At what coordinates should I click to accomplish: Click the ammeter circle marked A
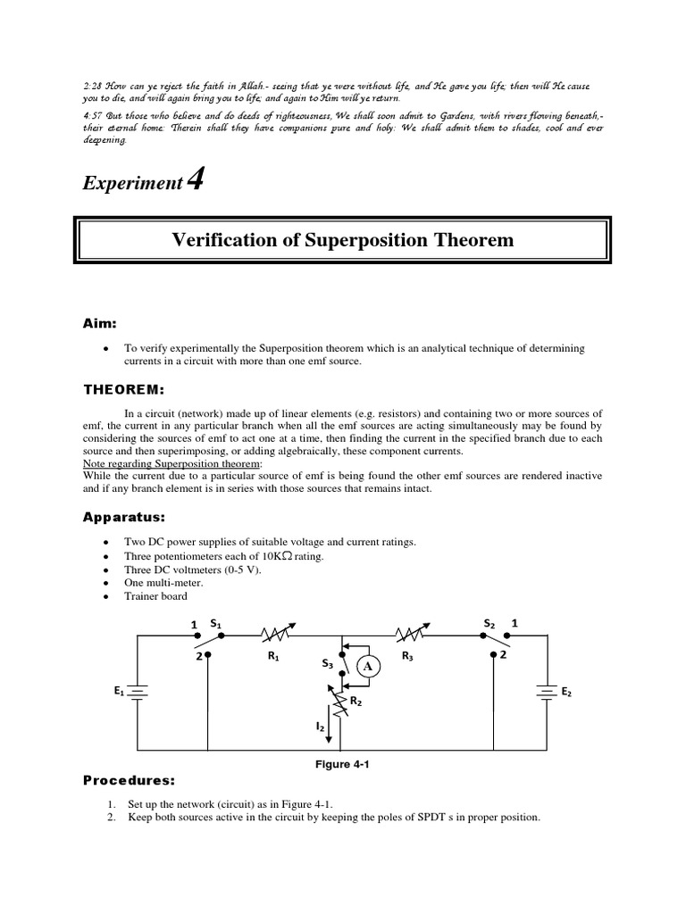coord(369,666)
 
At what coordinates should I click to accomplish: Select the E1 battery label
coord(119,690)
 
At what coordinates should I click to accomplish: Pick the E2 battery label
coord(566,692)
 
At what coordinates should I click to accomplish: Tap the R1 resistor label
coord(273,657)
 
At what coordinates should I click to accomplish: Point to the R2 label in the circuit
coord(355,702)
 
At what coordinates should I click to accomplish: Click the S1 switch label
coord(215,621)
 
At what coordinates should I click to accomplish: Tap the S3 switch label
coord(327,663)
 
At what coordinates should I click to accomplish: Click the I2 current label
coord(320,727)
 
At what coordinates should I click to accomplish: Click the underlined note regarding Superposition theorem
coord(172,464)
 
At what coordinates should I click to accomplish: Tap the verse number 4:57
coord(93,115)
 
